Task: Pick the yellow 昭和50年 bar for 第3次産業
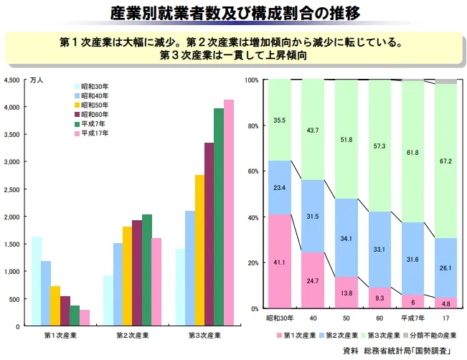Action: click(199, 250)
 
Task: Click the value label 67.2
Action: click(445, 161)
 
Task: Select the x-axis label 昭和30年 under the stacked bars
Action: click(280, 318)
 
